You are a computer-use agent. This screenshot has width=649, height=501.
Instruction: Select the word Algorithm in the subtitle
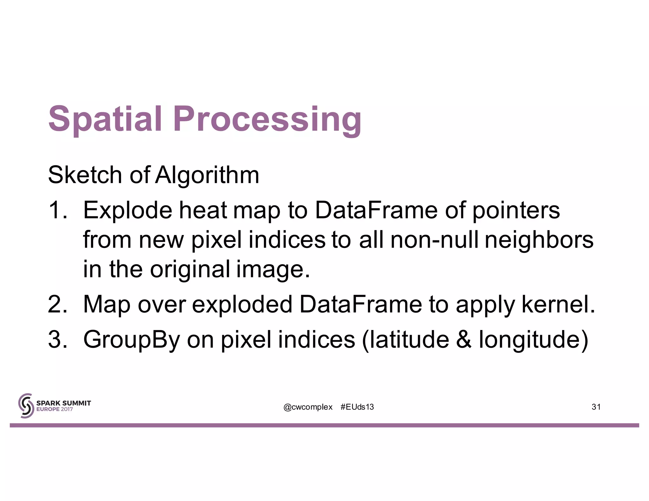tap(207, 175)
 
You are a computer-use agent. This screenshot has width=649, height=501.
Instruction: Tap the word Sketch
tap(85, 175)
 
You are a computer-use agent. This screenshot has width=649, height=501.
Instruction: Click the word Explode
tap(128, 210)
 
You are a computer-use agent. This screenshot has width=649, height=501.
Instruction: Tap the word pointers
tap(516, 210)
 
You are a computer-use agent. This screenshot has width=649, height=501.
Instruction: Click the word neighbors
tap(539, 240)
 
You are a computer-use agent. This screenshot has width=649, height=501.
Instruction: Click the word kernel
tap(558, 304)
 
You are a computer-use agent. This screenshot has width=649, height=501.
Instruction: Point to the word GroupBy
tap(132, 339)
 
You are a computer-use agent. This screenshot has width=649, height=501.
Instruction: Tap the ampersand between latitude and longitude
tap(464, 339)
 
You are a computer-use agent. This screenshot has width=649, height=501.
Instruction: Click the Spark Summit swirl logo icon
tap(26, 406)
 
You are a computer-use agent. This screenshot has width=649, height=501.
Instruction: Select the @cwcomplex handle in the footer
tap(308, 407)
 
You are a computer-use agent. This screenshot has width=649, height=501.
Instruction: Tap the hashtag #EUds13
tap(357, 407)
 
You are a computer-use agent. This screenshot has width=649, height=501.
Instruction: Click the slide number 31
tap(596, 407)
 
